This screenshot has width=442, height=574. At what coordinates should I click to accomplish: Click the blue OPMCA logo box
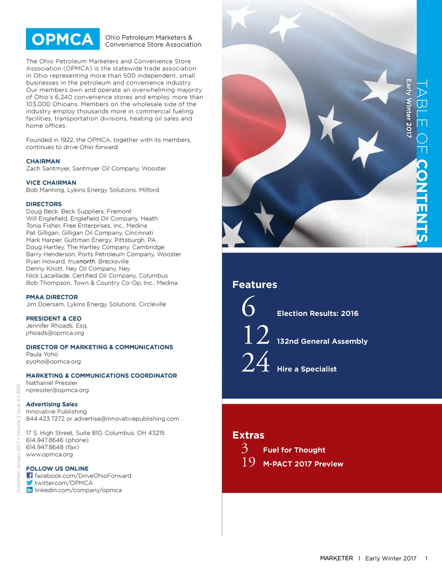pos(63,39)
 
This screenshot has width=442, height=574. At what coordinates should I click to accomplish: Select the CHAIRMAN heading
pos(43,161)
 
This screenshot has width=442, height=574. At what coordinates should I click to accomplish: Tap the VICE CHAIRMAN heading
pos(51,183)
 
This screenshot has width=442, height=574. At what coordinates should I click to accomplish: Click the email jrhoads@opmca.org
pos(55,333)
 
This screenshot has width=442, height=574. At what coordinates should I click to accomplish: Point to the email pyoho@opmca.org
pos(53,362)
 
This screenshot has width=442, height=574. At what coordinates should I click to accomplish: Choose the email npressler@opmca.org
pos(57,390)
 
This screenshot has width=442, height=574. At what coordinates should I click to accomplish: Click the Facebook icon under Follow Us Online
pos(29,476)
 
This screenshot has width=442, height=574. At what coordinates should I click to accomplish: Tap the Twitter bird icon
pos(29,483)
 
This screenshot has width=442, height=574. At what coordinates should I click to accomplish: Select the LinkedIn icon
pos(29,490)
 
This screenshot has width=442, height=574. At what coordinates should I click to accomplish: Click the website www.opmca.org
pos(49,454)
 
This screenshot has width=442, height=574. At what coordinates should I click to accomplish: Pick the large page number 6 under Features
pos(249,307)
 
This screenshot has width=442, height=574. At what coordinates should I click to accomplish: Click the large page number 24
pos(256,363)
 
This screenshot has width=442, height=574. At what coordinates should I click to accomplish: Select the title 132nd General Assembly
pos(322,341)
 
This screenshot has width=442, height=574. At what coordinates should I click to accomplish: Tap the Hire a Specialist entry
pos(306,369)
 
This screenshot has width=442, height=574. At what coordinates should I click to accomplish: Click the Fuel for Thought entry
pos(294,450)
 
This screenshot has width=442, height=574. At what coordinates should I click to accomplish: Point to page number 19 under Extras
pos(248,463)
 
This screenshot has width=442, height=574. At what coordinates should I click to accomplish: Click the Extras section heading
pos(248,435)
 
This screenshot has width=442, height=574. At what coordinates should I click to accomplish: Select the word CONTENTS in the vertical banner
pos(422,201)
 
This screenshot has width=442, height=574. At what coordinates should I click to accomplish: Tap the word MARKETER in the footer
pos(336,558)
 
